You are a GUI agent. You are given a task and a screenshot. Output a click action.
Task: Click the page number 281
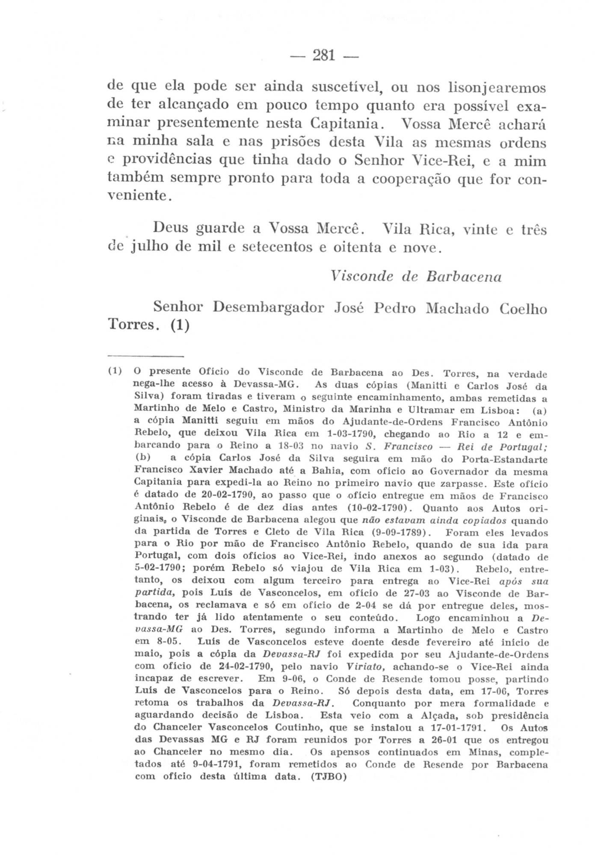tap(324, 56)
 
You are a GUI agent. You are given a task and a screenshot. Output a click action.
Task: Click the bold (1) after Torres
tap(179, 325)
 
